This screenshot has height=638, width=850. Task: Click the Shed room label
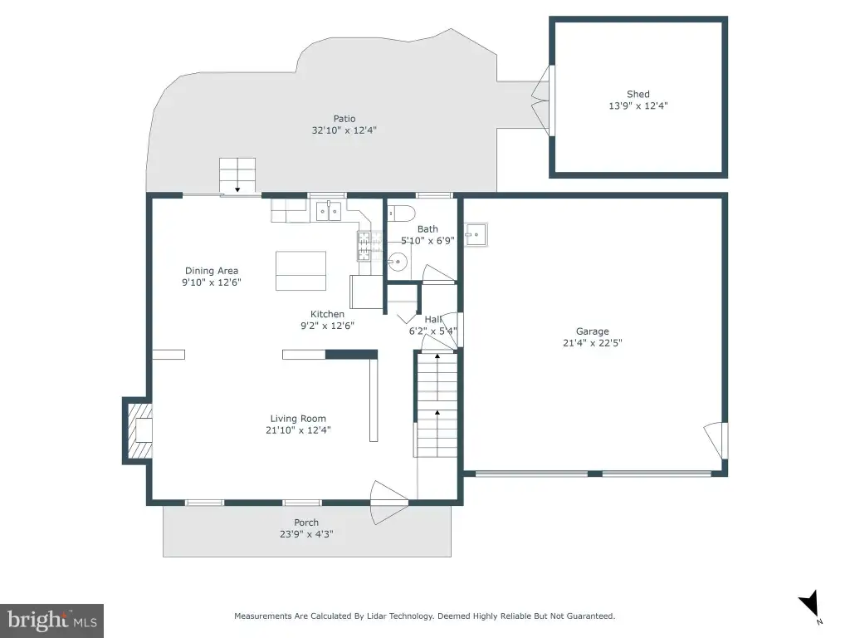(638, 95)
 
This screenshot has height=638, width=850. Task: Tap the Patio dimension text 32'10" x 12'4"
(344, 130)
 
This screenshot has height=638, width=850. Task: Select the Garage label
(593, 331)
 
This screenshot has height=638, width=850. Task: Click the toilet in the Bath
(402, 213)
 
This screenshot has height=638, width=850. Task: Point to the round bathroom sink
(398, 262)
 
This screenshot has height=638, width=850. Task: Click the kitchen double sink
(329, 211)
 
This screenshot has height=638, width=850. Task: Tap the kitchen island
(300, 271)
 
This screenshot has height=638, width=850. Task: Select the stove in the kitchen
(364, 246)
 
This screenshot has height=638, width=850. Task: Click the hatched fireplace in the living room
(139, 431)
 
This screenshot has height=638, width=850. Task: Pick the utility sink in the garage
(476, 235)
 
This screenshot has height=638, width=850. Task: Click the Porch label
(306, 523)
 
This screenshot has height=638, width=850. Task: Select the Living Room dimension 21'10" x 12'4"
(298, 430)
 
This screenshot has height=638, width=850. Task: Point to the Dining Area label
(212, 271)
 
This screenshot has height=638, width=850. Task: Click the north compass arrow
(810, 603)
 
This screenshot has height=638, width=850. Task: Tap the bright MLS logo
(52, 621)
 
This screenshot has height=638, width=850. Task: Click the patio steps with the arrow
(237, 176)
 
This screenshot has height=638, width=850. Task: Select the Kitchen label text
(327, 314)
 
